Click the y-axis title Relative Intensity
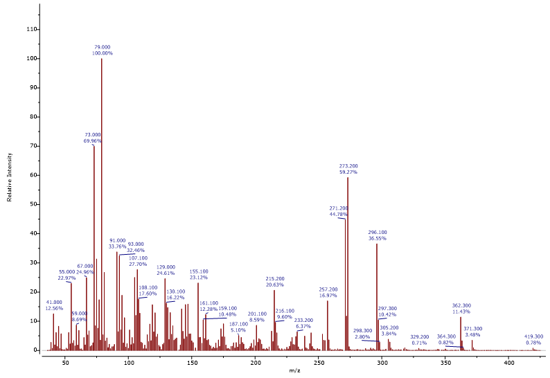(x=10, y=177)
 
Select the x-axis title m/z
(x=294, y=370)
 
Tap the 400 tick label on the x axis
(x=509, y=361)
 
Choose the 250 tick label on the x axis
(x=319, y=361)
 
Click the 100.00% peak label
(x=103, y=53)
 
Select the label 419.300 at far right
(x=533, y=336)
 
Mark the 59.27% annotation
(x=348, y=172)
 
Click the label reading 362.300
(x=461, y=305)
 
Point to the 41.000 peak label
(x=53, y=303)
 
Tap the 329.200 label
(x=419, y=337)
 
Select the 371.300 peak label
(x=473, y=329)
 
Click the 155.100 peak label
(x=199, y=271)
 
